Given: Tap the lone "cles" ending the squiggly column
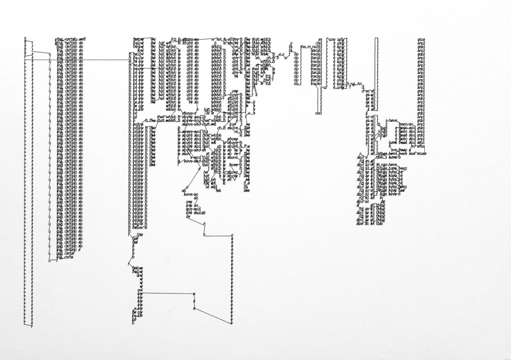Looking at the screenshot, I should coord(318,113).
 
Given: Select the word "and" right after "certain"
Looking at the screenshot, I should coord(83,39).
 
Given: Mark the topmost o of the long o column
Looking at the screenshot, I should coord(233,235).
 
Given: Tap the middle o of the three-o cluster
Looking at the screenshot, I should coord(194,302).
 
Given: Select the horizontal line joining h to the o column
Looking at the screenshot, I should coord(220,235).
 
